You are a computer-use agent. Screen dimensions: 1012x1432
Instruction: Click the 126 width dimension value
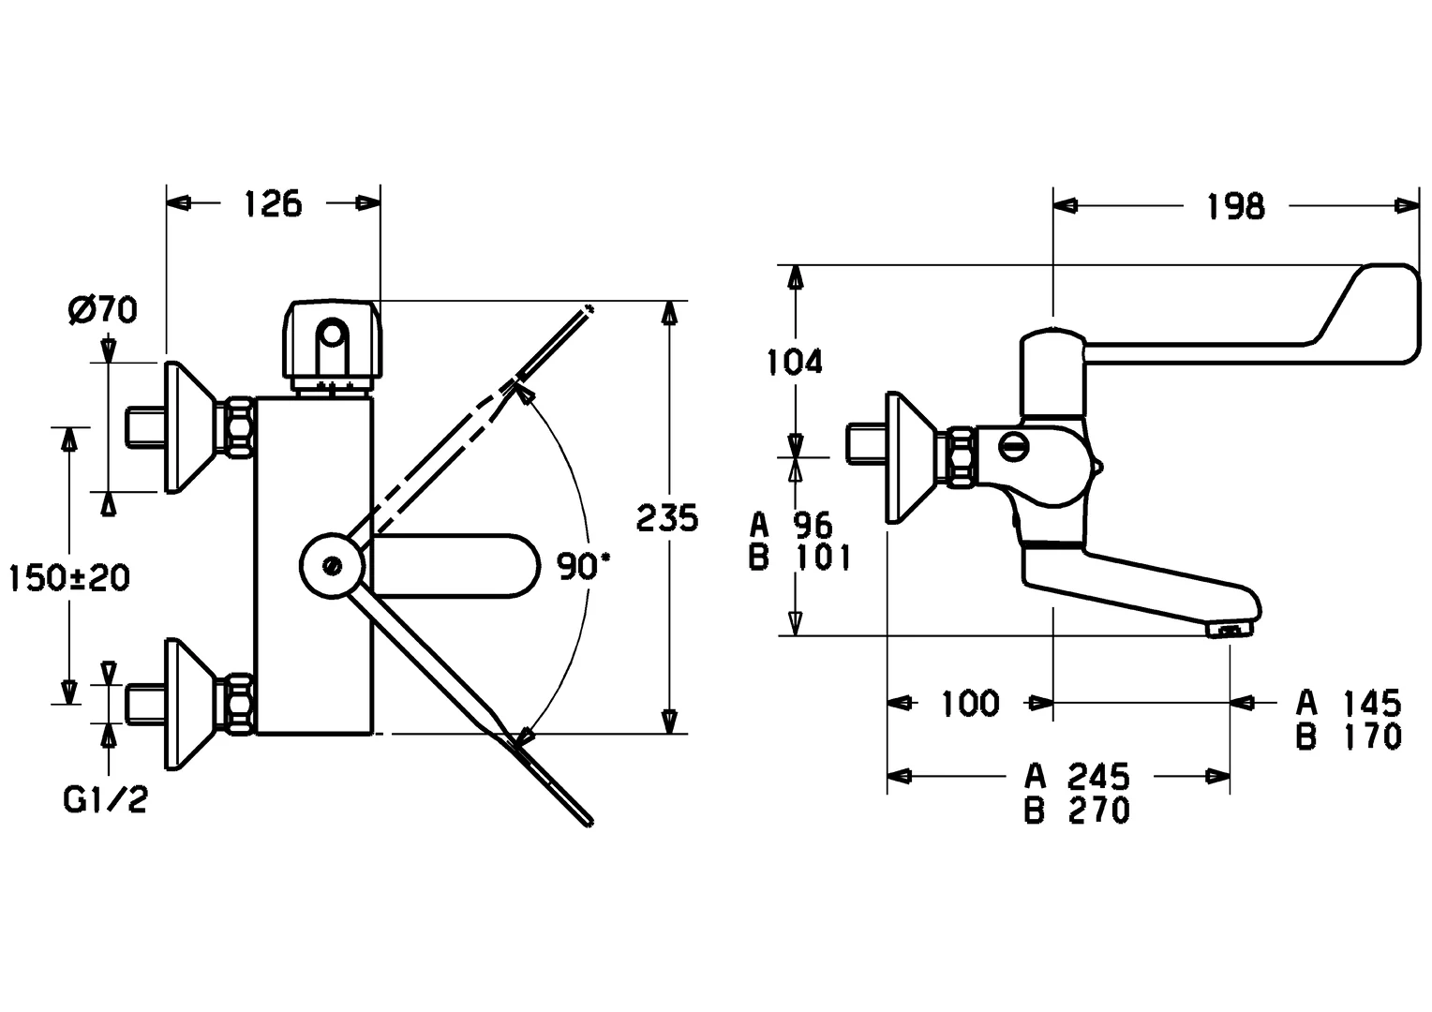274,203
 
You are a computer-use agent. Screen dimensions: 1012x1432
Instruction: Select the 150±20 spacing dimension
69,577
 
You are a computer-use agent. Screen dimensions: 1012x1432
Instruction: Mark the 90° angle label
583,566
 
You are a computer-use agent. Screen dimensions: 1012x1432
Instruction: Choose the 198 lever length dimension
1235,206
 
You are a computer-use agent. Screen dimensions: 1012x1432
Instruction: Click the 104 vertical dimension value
795,361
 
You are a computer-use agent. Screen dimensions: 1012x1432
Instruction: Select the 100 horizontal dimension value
970,703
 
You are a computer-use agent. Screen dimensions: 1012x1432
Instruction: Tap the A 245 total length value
1077,776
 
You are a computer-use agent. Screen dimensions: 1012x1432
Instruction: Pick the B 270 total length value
1077,810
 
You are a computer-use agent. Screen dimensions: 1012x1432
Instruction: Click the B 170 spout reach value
1349,737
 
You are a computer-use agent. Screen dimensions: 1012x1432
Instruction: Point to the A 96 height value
792,524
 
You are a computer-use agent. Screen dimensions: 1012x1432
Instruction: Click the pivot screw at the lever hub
331,566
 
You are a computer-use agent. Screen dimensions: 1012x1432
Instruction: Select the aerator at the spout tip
1229,630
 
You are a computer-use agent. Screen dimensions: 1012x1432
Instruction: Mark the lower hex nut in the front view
238,703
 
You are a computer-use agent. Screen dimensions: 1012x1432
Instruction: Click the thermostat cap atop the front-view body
332,343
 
